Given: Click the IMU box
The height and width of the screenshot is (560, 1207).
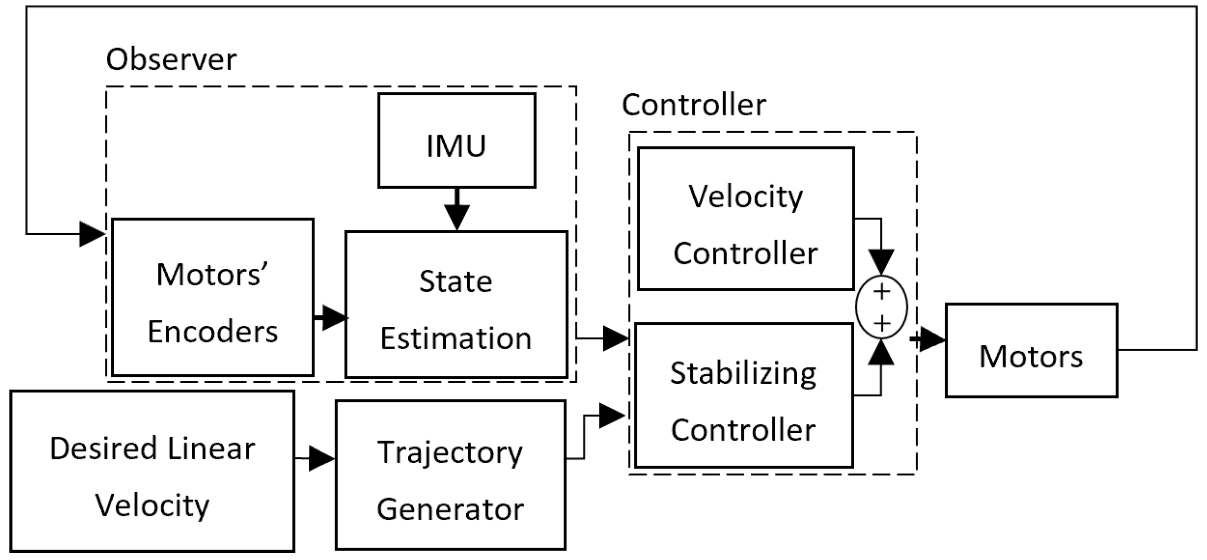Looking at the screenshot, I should click(x=456, y=141).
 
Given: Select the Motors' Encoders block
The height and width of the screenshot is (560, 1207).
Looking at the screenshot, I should click(x=213, y=297).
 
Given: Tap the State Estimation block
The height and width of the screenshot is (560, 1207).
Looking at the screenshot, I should click(x=456, y=305).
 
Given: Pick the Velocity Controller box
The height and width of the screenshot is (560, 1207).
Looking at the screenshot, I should click(x=745, y=218).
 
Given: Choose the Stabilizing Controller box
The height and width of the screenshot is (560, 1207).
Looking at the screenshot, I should click(x=743, y=395).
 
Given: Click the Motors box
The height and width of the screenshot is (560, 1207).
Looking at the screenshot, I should click(x=1031, y=350).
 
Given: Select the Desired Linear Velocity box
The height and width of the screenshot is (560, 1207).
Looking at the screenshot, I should click(x=152, y=471).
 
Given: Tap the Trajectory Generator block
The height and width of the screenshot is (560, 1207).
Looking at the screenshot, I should click(x=450, y=475).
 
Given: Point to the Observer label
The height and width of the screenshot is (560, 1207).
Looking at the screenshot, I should click(x=171, y=60).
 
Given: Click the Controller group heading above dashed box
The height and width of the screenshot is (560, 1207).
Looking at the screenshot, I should click(x=693, y=105).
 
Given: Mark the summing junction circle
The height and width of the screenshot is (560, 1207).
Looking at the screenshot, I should click(x=881, y=307).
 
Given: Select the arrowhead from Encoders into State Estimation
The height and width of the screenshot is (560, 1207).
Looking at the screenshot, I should click(x=334, y=317).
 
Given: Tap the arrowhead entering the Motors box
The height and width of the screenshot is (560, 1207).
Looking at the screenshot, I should click(x=932, y=340).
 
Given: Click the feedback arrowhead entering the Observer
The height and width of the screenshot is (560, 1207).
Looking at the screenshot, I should click(x=92, y=234).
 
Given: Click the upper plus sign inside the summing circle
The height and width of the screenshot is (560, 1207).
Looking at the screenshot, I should click(x=881, y=292).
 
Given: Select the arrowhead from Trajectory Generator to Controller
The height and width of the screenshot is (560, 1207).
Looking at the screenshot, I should click(x=612, y=416).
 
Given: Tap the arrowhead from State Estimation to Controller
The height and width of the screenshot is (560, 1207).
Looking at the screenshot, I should click(x=615, y=339).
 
